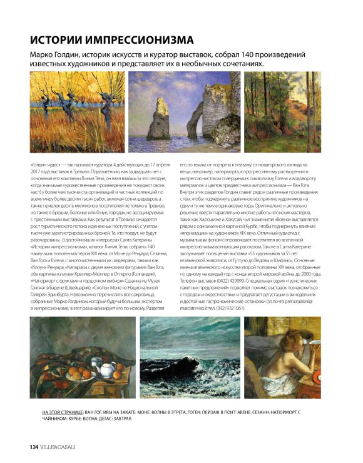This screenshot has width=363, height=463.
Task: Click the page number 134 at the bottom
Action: pos(34,446)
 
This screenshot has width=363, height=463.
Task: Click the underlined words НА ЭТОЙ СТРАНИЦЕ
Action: pos(63,413)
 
